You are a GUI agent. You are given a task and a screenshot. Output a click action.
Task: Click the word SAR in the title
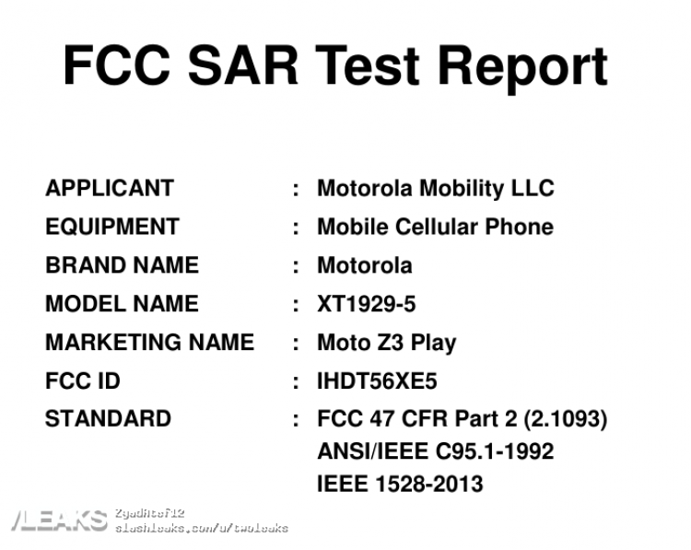click(x=243, y=65)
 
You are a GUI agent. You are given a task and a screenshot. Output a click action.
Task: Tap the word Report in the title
click(x=522, y=69)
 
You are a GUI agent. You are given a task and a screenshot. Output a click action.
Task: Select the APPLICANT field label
click(x=110, y=188)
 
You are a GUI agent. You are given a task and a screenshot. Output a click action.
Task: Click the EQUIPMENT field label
click(x=112, y=227)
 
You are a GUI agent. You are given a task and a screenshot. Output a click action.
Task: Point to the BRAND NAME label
click(x=122, y=265)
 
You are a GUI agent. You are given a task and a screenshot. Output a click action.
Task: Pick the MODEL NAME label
click(x=122, y=304)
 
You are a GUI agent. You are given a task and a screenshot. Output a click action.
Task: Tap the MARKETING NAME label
click(x=150, y=343)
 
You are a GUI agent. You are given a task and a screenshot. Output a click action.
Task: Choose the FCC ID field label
click(x=83, y=380)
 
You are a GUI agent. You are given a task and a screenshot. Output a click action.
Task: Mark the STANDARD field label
click(x=108, y=418)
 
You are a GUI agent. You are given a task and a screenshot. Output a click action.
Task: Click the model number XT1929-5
click(x=366, y=304)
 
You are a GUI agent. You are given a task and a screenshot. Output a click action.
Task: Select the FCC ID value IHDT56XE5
click(x=377, y=380)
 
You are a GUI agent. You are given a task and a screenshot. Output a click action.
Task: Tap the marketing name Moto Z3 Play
click(x=387, y=344)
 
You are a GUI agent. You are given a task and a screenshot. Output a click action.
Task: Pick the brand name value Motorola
click(x=365, y=265)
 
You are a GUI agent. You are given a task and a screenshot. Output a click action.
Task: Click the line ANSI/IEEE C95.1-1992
click(x=436, y=451)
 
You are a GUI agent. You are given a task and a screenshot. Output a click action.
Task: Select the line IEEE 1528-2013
click(x=400, y=484)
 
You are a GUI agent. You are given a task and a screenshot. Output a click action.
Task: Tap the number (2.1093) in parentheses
click(x=566, y=419)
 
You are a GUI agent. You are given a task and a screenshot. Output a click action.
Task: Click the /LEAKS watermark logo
click(x=60, y=521)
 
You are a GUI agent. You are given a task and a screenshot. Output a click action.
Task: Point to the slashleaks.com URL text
click(x=202, y=528)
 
